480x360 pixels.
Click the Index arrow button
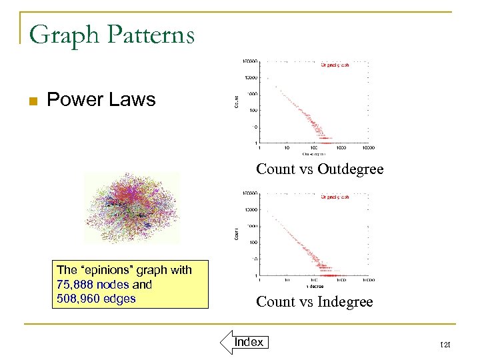[244, 342]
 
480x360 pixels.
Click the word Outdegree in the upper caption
[351, 169]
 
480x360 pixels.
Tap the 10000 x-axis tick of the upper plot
[369, 148]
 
